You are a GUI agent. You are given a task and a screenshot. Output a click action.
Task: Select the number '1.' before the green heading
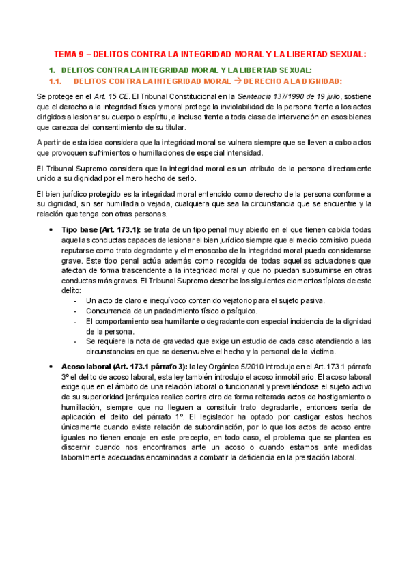[x=52, y=70]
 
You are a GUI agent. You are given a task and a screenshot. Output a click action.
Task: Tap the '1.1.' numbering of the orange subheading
[x=56, y=81]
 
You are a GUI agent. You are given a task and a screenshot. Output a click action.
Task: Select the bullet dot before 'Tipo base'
[x=52, y=230]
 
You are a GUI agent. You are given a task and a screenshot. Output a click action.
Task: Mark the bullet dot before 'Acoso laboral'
[x=52, y=367]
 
